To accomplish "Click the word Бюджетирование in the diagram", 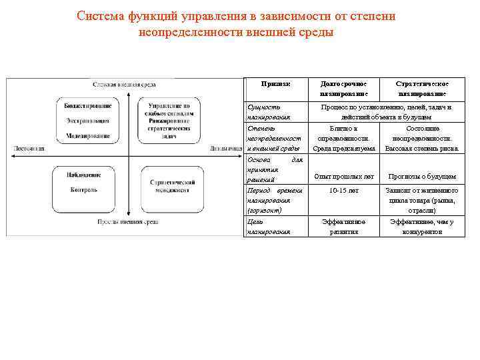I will pos(88,106).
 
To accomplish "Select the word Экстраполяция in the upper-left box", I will pos(88,121).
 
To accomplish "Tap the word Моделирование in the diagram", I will pos(88,135).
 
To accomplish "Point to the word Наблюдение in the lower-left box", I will pos(84,175).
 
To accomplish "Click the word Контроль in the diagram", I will pos(84,190).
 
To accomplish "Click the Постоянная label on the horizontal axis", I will pos(29,148).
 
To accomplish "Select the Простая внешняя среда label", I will pos(128,221).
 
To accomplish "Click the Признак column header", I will pos(277,84).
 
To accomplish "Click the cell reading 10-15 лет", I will pos(344,191).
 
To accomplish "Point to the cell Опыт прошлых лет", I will pos(344,177).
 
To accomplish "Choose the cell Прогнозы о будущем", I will pos(421,177).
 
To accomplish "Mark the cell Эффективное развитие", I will pos(344,227).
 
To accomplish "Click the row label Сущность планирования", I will pos(265,111).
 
